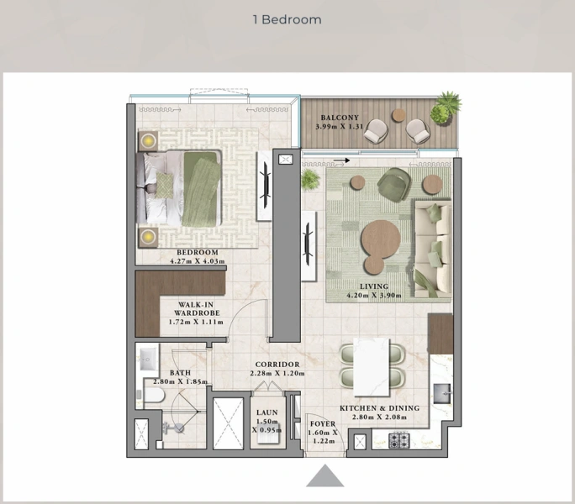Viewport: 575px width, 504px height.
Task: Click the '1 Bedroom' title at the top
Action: tap(287, 19)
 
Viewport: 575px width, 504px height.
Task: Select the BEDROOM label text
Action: tap(198, 253)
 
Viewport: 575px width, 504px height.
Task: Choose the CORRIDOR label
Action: tap(277, 365)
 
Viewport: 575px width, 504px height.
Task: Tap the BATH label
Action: tap(180, 373)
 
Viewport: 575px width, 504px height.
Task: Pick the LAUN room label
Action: tap(267, 413)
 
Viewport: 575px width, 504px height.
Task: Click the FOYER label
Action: tap(323, 424)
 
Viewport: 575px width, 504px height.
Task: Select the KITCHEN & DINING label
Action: tap(379, 409)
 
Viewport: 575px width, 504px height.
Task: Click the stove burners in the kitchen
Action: tap(398, 440)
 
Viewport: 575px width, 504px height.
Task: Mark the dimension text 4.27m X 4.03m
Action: tap(198, 261)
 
